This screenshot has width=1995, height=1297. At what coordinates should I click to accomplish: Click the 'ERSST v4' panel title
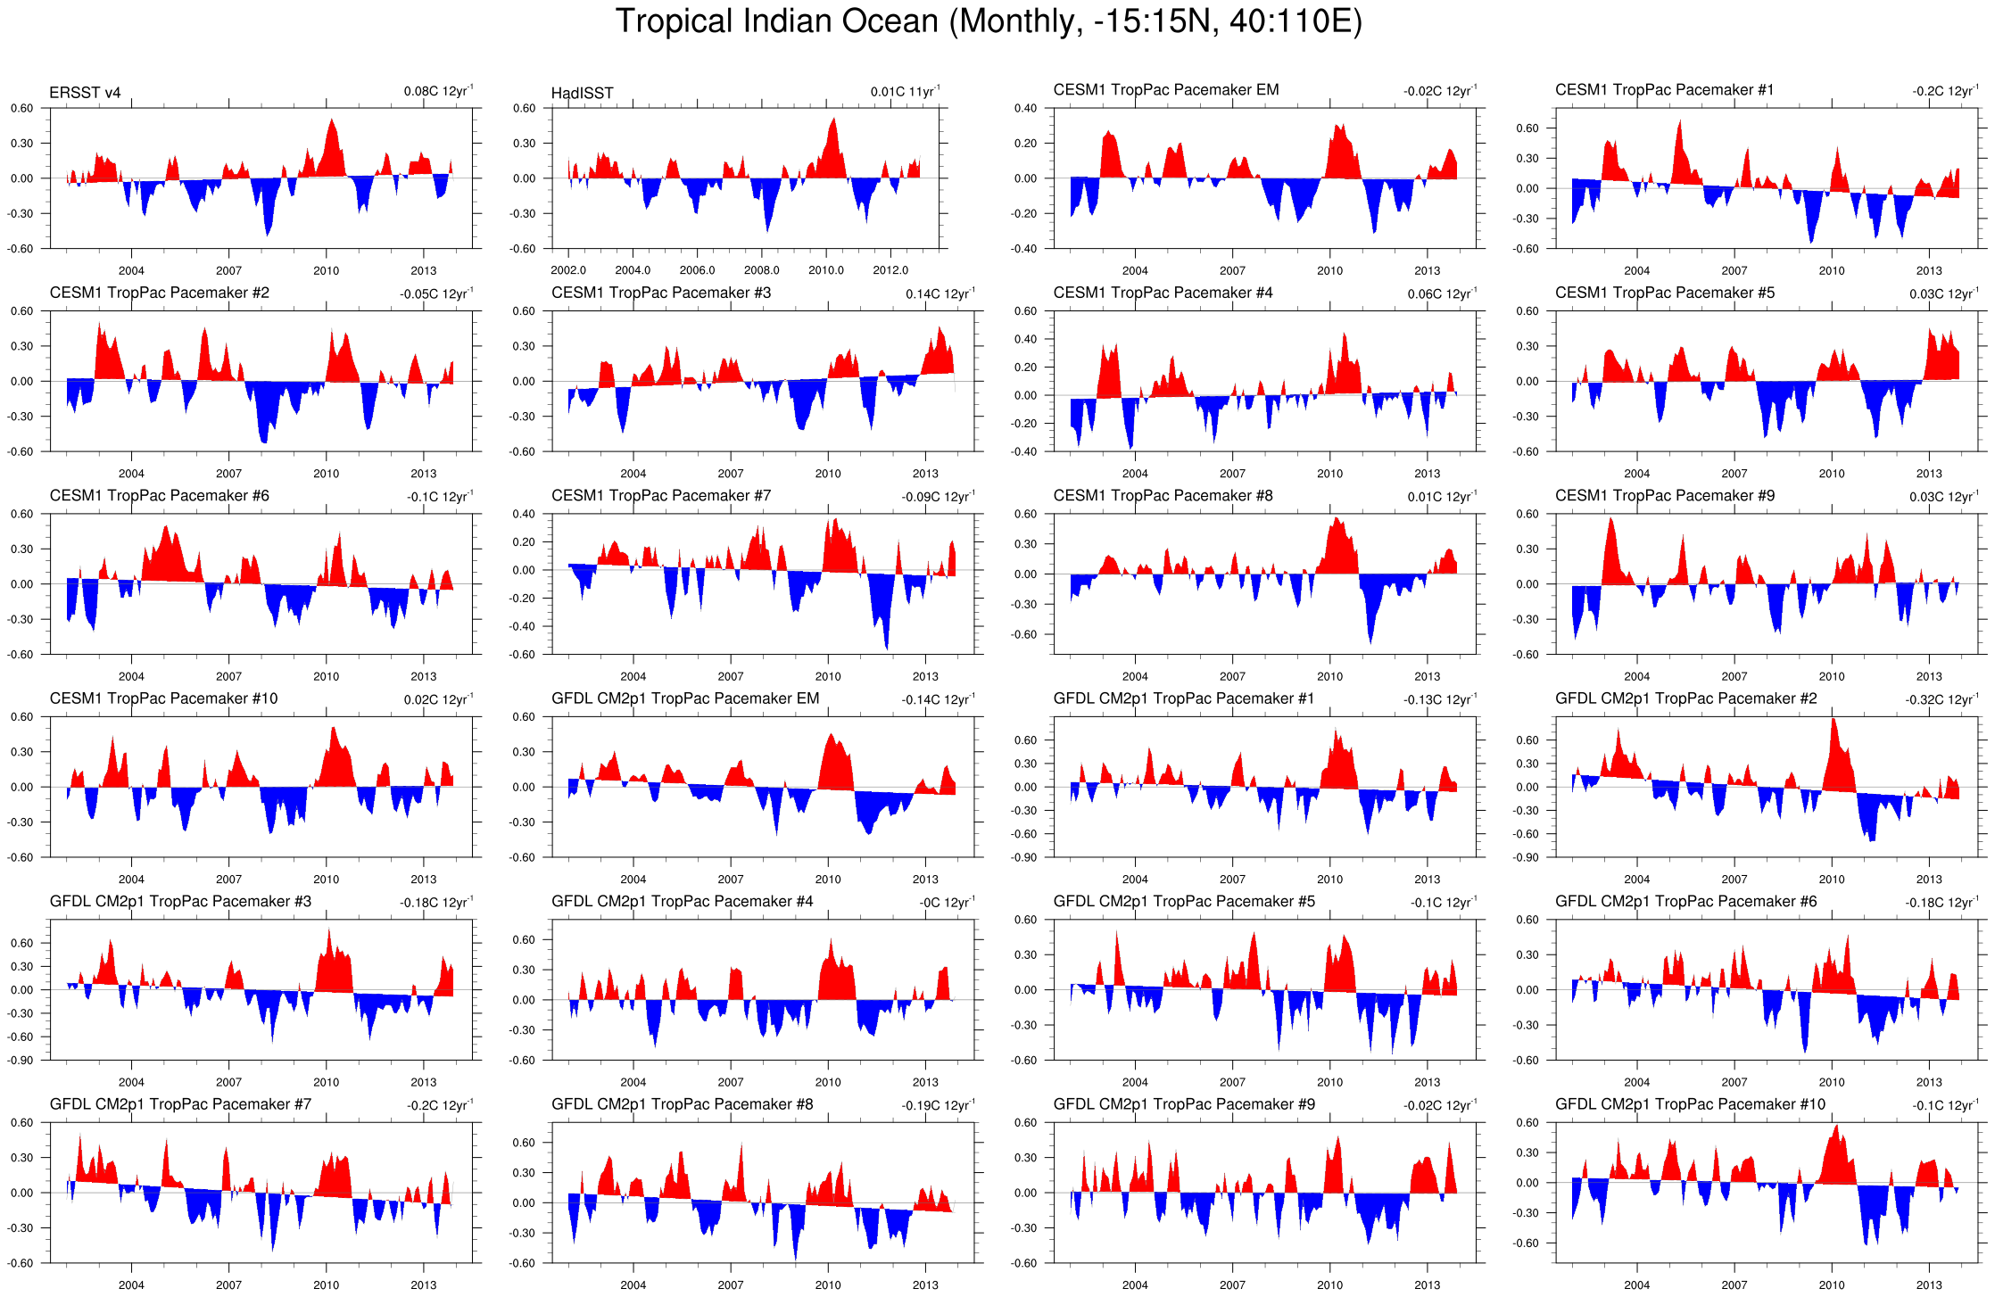85,93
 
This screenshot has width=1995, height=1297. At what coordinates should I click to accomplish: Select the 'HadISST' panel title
582,93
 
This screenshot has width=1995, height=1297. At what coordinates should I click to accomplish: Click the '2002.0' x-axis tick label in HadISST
568,270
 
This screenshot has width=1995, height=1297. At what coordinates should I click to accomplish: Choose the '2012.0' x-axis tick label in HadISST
890,270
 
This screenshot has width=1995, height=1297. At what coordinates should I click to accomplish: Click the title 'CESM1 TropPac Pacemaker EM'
1165,90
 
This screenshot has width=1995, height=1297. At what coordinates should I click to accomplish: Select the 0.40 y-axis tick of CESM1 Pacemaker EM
1025,109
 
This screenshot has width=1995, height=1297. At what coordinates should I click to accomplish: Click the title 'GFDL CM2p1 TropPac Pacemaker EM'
684,698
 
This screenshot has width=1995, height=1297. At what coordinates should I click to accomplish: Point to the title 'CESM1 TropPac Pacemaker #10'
163,698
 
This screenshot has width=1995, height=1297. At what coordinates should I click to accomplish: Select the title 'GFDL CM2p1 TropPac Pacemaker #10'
1690,1104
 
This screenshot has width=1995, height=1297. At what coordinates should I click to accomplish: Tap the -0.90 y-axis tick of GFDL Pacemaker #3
21,1061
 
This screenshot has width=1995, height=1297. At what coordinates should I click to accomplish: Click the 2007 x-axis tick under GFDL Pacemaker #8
730,1285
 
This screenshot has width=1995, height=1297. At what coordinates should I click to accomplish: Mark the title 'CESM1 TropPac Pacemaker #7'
660,496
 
